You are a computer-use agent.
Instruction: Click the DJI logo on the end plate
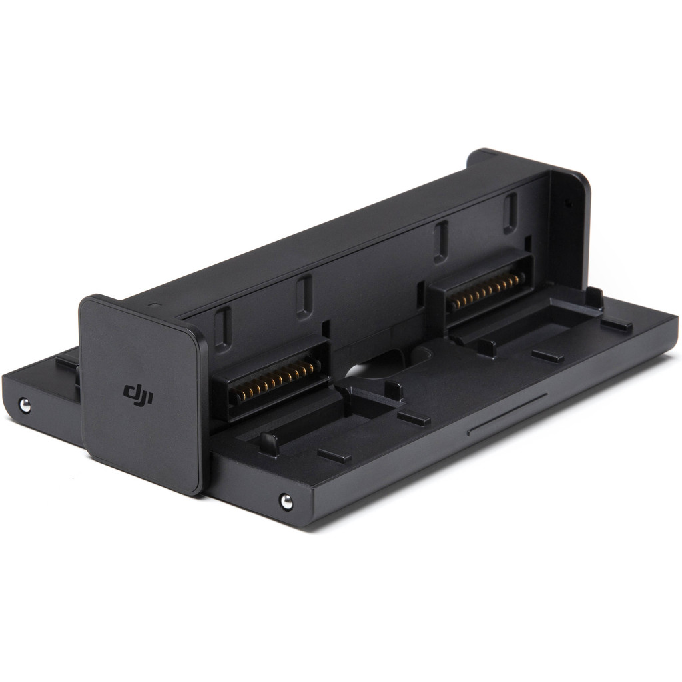[138, 394]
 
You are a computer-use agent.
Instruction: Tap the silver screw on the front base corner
[286, 502]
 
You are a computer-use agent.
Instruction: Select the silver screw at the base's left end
[25, 404]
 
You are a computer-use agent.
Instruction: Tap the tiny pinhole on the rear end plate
[568, 203]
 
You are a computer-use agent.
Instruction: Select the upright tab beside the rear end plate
[594, 297]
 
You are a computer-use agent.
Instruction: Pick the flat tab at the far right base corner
[616, 324]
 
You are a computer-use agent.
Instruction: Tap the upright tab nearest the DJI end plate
[269, 443]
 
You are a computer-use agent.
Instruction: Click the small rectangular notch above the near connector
[326, 330]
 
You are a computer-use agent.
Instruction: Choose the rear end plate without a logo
[570, 226]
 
